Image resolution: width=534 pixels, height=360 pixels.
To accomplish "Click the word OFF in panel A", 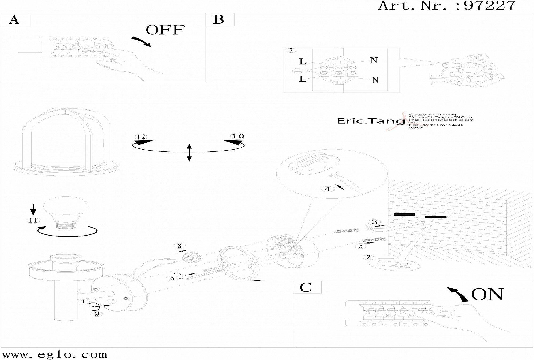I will point(165,30).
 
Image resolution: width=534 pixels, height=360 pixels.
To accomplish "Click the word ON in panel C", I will point(487,294).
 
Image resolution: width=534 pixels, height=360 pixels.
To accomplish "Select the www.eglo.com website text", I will point(55,354).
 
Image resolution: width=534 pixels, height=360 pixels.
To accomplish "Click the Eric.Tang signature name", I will point(371,121).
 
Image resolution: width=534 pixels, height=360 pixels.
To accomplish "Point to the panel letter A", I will point(14,19).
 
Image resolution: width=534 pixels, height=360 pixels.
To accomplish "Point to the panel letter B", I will point(219,19).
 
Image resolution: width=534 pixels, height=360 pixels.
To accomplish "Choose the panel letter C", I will point(305,287).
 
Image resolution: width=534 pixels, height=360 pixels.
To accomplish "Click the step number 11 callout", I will point(33,221).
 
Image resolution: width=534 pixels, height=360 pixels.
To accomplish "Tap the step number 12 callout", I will point(141,137).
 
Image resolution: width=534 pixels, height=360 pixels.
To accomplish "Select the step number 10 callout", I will point(238,136).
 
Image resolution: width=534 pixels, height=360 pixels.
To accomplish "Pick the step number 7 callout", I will point(291,50).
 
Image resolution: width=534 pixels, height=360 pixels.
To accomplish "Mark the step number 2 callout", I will point(368,257).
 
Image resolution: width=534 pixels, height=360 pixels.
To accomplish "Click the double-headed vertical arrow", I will point(189,152).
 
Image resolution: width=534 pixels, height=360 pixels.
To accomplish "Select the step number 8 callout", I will point(179,246).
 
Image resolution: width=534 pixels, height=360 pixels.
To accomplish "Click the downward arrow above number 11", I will point(33,209).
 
